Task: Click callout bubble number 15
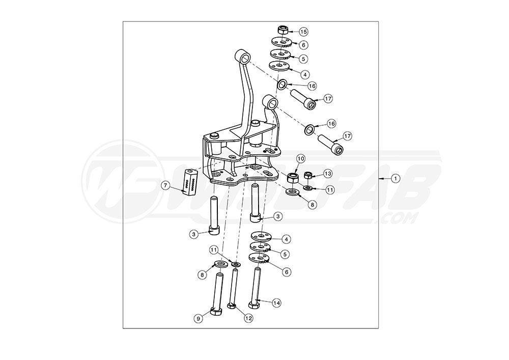(303, 32)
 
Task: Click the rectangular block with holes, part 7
(190, 180)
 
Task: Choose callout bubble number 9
(199, 318)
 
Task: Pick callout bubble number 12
(248, 318)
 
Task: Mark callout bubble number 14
(276, 302)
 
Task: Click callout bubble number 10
(300, 158)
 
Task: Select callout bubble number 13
(328, 174)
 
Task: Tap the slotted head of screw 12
(232, 306)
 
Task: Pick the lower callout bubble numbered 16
(331, 124)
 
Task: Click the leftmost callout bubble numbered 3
(194, 234)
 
